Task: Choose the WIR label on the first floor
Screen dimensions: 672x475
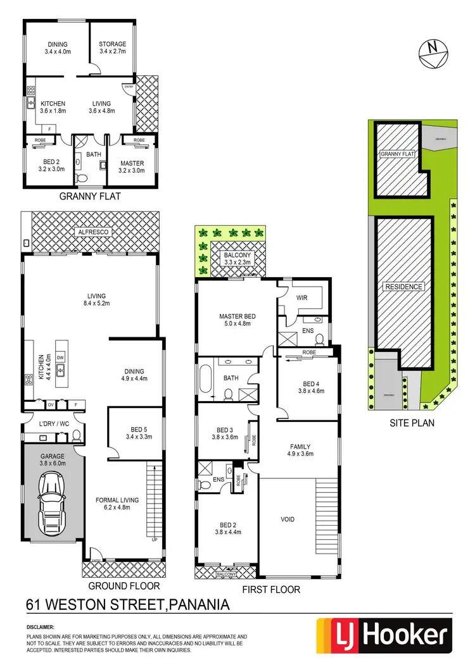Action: (301, 297)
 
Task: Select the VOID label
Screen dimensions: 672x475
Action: (288, 520)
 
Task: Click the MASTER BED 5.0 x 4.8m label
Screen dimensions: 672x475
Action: (237, 320)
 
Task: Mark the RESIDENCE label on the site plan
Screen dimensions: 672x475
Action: (403, 287)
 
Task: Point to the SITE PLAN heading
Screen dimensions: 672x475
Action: (412, 423)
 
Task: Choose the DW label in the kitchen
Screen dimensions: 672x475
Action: (60, 358)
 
